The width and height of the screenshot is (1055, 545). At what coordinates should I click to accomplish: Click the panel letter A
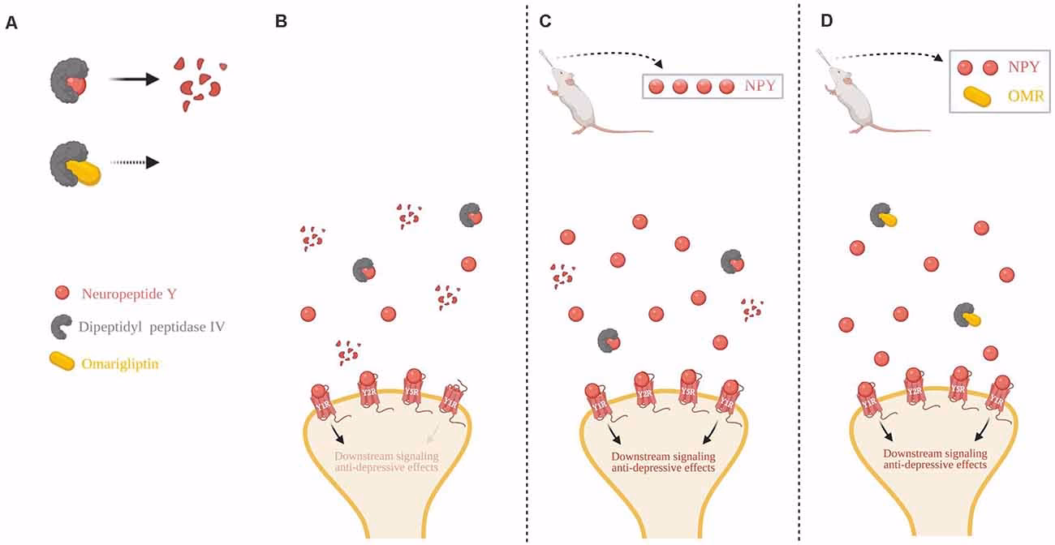coord(11,22)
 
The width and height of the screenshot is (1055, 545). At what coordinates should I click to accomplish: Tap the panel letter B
coord(281,22)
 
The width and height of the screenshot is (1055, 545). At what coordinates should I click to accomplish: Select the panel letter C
coord(545,21)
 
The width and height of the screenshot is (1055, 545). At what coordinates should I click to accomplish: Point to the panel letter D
coord(827,21)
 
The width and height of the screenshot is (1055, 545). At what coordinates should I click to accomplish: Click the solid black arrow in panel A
coord(134,79)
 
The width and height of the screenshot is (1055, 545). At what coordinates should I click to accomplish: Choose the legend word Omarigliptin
coord(120,364)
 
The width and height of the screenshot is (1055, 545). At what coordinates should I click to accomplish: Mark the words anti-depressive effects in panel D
coord(934,466)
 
